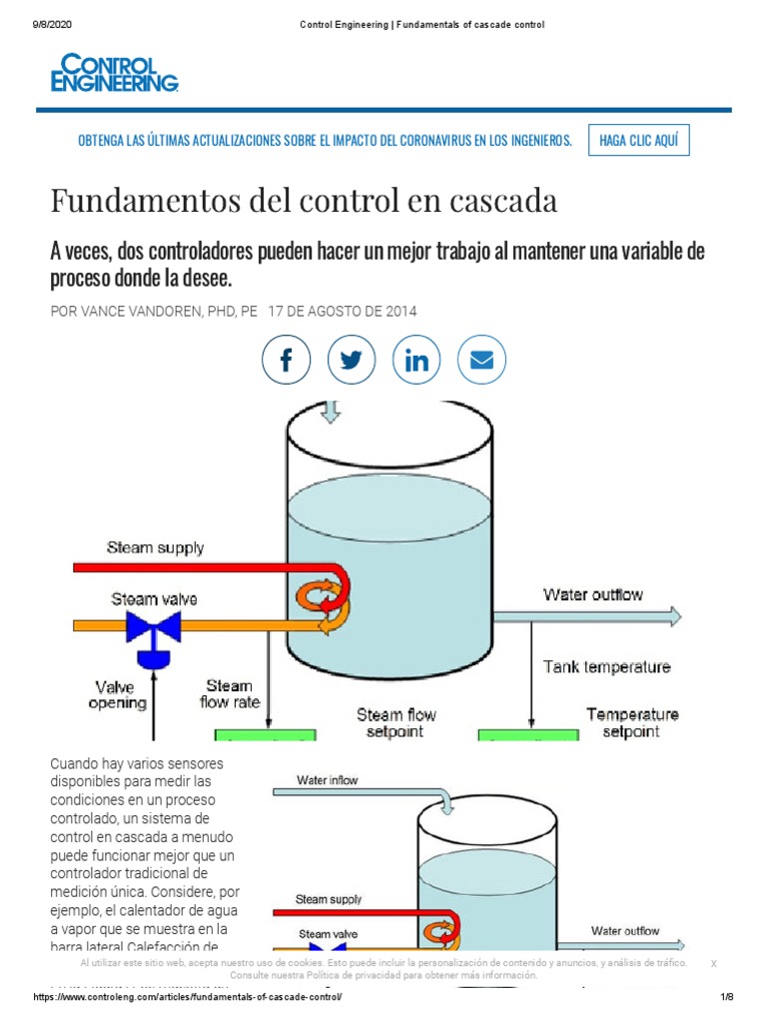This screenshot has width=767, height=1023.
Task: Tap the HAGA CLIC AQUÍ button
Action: [638, 141]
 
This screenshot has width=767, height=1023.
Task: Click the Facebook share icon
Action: [287, 360]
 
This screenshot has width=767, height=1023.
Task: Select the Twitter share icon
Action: [352, 360]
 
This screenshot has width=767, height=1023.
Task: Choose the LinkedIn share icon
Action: [417, 360]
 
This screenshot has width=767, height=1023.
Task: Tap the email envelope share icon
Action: [482, 360]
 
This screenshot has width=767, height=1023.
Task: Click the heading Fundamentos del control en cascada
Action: [304, 201]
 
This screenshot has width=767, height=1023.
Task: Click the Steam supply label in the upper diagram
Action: [156, 547]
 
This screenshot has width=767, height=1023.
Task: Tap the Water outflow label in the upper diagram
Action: [593, 594]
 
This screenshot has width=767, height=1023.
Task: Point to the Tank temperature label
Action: [606, 666]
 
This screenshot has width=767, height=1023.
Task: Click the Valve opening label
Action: [121, 694]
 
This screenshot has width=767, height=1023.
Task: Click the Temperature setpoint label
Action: [632, 722]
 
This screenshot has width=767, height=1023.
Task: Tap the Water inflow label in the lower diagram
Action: [328, 779]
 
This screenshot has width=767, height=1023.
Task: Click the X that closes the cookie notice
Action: [713, 963]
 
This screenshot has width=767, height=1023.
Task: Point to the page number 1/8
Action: [726, 998]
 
